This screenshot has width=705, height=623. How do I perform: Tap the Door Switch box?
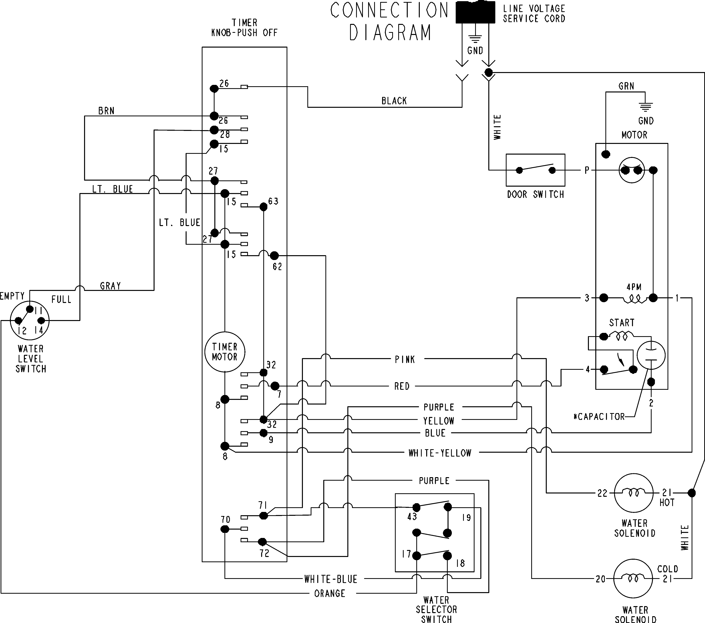point(535,170)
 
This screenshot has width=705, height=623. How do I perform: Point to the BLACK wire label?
point(394,101)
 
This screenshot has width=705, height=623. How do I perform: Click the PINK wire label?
point(405,359)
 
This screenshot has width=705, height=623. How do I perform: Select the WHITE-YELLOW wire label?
point(440,453)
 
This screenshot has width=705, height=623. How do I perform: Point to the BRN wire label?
point(106,111)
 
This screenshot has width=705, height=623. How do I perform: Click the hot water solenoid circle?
point(634,493)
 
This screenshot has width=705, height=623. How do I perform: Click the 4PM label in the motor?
point(634,287)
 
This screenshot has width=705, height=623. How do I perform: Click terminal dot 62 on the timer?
point(274,256)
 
